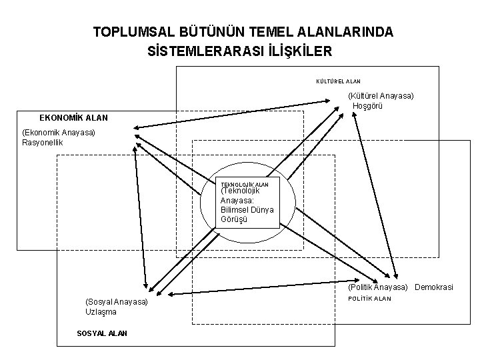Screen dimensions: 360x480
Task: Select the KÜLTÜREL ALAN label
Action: [338, 81]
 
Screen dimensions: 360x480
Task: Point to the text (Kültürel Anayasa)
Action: [381, 96]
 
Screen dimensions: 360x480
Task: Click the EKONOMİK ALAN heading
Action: [73, 117]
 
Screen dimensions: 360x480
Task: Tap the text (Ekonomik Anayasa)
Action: [59, 133]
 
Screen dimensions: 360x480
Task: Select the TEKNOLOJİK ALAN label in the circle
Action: [245, 183]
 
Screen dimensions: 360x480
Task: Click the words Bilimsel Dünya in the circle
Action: [247, 209]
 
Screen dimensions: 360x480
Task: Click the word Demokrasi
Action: [433, 287]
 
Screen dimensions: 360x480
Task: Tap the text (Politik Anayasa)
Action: [377, 287]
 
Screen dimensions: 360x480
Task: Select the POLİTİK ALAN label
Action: [369, 299]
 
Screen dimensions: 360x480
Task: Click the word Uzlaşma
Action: [101, 312]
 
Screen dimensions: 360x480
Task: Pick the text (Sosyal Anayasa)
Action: [117, 302]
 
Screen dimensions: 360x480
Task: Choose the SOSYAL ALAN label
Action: [102, 333]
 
